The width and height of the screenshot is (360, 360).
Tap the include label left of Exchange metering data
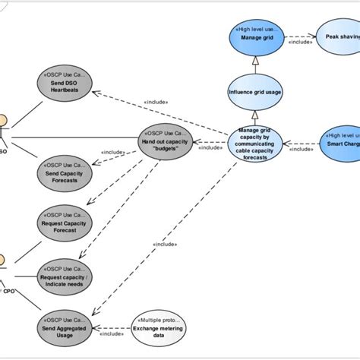(x=112, y=333)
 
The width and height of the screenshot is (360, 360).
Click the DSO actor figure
(x=4, y=129)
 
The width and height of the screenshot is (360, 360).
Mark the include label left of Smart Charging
(x=302, y=149)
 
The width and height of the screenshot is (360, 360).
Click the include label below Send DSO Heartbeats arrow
(x=156, y=101)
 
